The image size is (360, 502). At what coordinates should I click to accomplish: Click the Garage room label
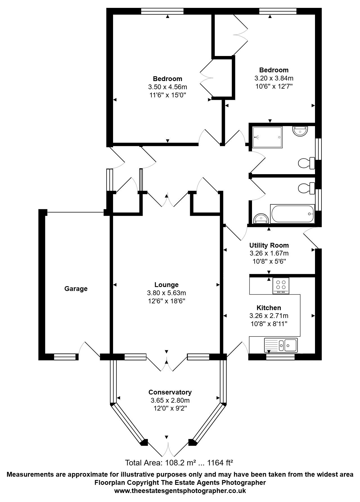76,289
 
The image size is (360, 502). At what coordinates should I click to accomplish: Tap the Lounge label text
166,285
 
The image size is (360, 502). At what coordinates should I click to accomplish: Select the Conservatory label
170,392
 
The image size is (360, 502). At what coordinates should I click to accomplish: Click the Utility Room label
269,245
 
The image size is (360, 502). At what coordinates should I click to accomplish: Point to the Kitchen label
269,308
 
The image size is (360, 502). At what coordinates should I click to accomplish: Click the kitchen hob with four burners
281,286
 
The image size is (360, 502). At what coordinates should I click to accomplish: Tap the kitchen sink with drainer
281,345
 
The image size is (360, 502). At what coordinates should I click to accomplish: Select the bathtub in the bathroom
292,214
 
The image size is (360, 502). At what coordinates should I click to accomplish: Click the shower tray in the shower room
267,137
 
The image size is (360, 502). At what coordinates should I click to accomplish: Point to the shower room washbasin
301,131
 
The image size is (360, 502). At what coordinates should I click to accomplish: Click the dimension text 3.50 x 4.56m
168,87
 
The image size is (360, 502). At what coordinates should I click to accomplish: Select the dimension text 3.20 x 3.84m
274,78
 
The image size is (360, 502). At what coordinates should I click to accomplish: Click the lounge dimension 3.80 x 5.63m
166,293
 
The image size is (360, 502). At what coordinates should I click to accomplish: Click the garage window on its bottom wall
65,357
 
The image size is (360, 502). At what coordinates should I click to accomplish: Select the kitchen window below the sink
280,357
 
